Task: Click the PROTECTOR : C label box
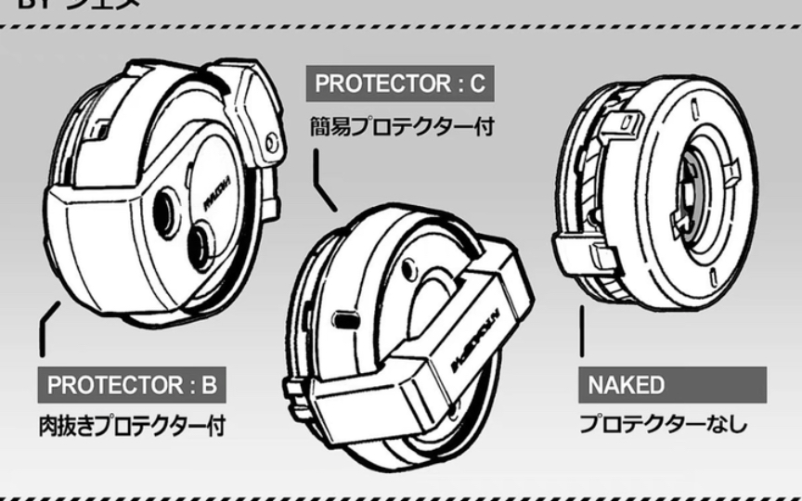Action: point(399,83)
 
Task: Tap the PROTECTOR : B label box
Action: point(133,384)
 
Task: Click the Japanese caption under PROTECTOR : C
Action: point(401,125)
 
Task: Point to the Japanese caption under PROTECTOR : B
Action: point(133,427)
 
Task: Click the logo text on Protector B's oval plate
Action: point(214,196)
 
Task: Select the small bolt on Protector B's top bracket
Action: point(270,142)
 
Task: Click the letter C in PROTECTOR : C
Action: point(477,83)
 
